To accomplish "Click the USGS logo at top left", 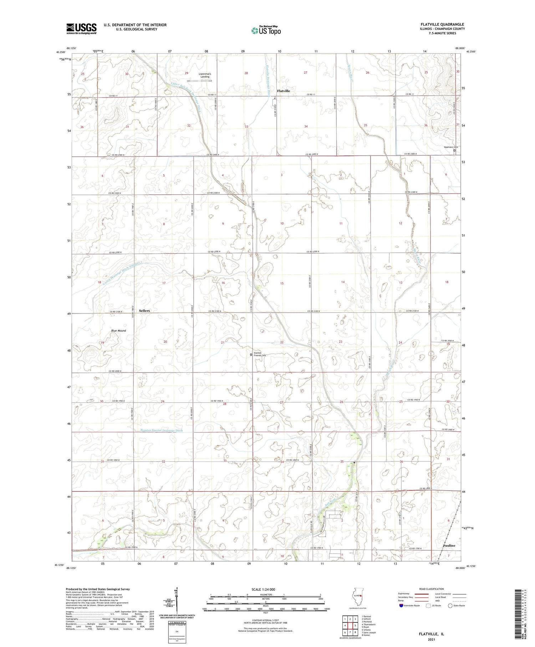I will pos(81,29).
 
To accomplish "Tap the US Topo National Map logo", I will pos(266,30).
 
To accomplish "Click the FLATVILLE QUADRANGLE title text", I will pos(442,24).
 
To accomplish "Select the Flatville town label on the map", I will pos(283,91).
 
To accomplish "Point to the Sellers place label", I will pos(144,311).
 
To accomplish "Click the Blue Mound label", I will pos(118,331).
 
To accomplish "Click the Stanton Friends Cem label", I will pos(259,354).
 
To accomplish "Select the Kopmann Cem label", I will pos(451,147).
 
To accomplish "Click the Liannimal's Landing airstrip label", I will pos(205,75).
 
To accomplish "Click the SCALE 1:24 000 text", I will pos(265,589).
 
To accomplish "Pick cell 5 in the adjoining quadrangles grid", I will pos(355,626).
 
